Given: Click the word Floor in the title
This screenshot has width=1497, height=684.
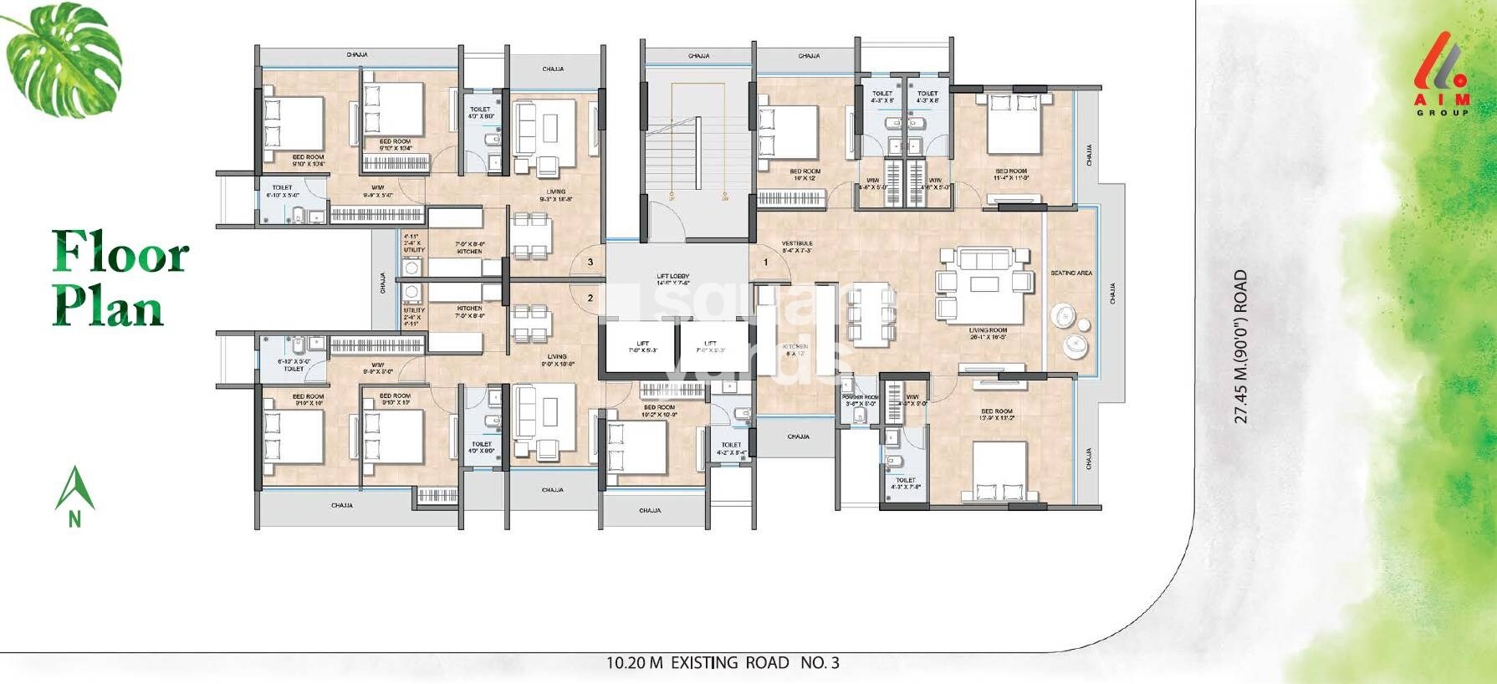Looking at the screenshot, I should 120,252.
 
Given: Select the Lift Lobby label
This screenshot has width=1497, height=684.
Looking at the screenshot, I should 672,279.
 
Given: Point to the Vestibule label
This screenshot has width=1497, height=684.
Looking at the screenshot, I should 797,247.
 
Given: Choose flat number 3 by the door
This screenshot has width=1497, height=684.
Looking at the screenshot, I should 590,263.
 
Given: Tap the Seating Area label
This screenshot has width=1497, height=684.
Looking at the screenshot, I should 1071,273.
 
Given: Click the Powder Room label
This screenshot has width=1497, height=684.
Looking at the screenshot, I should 860,401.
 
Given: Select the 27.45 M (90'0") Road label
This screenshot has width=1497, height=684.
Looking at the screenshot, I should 1241,346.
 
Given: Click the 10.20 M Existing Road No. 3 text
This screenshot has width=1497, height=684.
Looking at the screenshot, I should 723,663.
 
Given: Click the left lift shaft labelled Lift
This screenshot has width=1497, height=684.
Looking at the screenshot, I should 642,347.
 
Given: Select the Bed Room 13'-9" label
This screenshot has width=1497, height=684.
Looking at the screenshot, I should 997,416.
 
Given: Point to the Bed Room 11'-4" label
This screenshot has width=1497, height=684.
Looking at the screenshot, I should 1011,175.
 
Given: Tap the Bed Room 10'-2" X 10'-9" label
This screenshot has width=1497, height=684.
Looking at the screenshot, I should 659,411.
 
